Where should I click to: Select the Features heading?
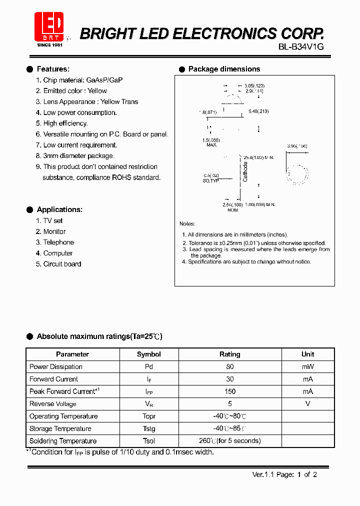pyautogui.click(x=53, y=69)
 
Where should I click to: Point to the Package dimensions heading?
pyautogui.click(x=224, y=69)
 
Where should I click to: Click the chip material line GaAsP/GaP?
pyautogui.click(x=83, y=80)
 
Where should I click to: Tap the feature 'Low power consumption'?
pyautogui.click(x=80, y=112)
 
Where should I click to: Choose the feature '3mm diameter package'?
pyautogui.click(x=79, y=156)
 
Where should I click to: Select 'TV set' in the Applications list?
pyautogui.click(x=53, y=220)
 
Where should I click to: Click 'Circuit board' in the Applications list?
pyautogui.click(x=62, y=264)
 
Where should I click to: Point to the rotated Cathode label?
pyautogui.click(x=245, y=171)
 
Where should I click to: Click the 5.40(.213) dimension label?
pyautogui.click(x=258, y=111)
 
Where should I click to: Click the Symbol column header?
pyautogui.click(x=149, y=354)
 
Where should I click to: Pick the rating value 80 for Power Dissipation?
pyautogui.click(x=230, y=366)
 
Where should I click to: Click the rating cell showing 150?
pyautogui.click(x=230, y=391)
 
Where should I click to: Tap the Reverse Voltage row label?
pyautogui.click(x=53, y=404)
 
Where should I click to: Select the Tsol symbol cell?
pyautogui.click(x=149, y=441)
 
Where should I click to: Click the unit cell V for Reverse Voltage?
pyautogui.click(x=308, y=404)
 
